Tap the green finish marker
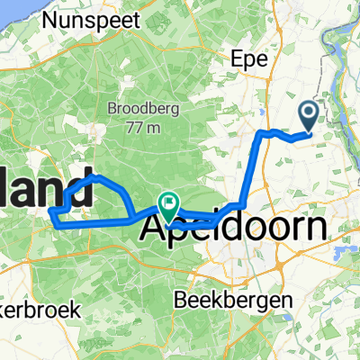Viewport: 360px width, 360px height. pos(167,205)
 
